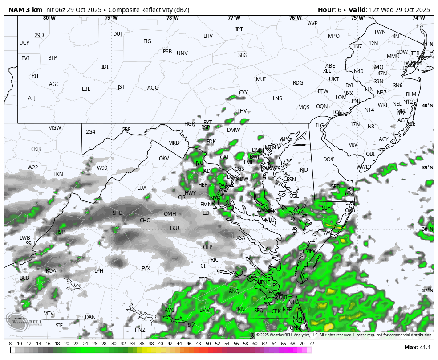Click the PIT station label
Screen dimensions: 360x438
[x=35, y=76]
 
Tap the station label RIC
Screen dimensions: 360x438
[x=215, y=259]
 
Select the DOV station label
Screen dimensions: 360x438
[x=328, y=159]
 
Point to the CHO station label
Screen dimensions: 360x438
[x=145, y=221]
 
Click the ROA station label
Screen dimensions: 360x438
[x=51, y=270]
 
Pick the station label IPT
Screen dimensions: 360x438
[x=239, y=29]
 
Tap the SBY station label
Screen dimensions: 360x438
[x=327, y=208]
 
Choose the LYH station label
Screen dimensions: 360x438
[x=99, y=270]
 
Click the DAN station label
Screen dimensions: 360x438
[x=90, y=317]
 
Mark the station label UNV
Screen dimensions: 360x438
[x=182, y=53]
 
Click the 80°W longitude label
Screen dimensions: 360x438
[x=49, y=18]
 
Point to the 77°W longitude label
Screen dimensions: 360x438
[x=234, y=18]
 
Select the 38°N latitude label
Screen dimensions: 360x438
[x=427, y=229]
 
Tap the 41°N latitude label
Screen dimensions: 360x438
[x=427, y=44]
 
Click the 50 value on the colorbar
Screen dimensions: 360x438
[x=208, y=344]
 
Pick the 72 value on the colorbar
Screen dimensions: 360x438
[x=312, y=344]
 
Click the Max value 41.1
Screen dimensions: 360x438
[x=424, y=348]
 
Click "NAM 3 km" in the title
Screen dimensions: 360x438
[x=25, y=10]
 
